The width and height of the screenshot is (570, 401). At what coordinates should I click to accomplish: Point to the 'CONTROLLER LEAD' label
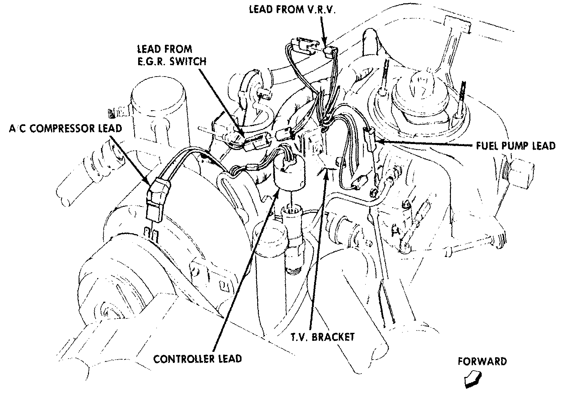click(x=197, y=359)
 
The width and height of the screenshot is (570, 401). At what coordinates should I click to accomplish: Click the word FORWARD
click(x=482, y=361)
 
